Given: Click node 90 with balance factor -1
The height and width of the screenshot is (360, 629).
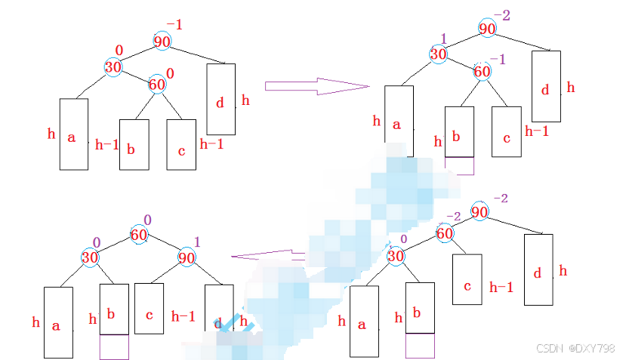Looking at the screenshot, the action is point(162,42).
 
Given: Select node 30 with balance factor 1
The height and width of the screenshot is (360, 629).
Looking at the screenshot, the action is point(439,54).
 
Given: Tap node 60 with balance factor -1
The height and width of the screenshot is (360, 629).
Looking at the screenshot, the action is point(483,72).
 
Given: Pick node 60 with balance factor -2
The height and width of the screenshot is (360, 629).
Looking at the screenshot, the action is point(445,233).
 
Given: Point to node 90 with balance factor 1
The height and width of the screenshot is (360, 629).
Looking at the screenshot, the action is point(186,257).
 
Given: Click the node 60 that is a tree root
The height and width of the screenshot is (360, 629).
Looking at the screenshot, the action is point(138,235).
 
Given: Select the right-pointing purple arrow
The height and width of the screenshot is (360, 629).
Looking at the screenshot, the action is point(316,85).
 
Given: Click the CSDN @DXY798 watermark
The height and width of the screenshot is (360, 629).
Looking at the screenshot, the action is point(575,348).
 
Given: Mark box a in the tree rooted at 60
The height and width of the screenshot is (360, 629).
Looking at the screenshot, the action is point(58,322).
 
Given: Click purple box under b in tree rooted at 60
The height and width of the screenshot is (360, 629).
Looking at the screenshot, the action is point(114,347).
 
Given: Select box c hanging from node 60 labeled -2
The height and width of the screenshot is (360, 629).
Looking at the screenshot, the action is point(467,286).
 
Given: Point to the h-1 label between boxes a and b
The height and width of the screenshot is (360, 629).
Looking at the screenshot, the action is point(106,144).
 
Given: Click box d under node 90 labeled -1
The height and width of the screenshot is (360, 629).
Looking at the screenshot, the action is point(221,99).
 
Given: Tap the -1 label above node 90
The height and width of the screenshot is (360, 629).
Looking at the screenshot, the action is point(174,25).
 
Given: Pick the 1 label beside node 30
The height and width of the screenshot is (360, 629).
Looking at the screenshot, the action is point(444,38).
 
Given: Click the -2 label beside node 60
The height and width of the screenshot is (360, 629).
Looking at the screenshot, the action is point(453,217).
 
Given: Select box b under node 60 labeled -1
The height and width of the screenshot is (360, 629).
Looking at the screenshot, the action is point(459,131).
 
